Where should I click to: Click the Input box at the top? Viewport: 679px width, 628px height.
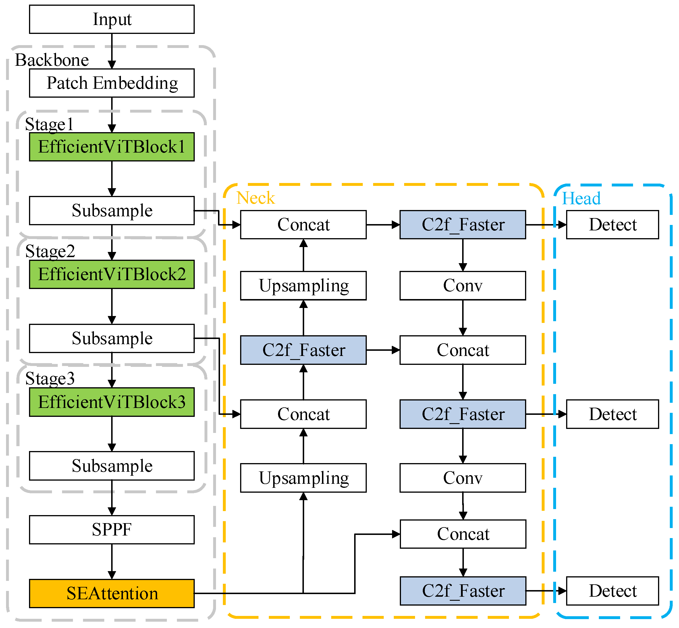112,19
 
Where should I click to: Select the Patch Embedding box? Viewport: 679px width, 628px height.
112,83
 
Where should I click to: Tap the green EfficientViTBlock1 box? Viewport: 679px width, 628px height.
112,147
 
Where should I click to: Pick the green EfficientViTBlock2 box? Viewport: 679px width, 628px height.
112,274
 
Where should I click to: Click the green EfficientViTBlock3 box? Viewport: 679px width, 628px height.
112,402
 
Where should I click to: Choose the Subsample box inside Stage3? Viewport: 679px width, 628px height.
112,466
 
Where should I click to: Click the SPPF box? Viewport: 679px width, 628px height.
112,529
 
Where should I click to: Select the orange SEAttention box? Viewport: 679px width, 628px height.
112,593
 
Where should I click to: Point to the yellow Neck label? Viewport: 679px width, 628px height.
255,198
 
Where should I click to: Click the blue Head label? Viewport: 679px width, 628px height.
581,199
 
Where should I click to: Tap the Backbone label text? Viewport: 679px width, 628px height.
52,60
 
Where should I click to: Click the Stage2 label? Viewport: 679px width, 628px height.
50,251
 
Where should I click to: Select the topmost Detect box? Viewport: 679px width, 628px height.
612,225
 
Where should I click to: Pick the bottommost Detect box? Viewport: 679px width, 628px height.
612,591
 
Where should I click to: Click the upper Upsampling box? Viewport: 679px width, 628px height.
303,286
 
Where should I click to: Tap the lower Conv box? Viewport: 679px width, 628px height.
463,478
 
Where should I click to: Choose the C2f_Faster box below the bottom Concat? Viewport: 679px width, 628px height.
463,591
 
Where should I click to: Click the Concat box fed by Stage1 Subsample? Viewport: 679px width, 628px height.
303,225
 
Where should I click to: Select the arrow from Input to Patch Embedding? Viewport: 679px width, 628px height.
112,51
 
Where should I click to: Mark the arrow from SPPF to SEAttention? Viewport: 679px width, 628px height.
112,561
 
